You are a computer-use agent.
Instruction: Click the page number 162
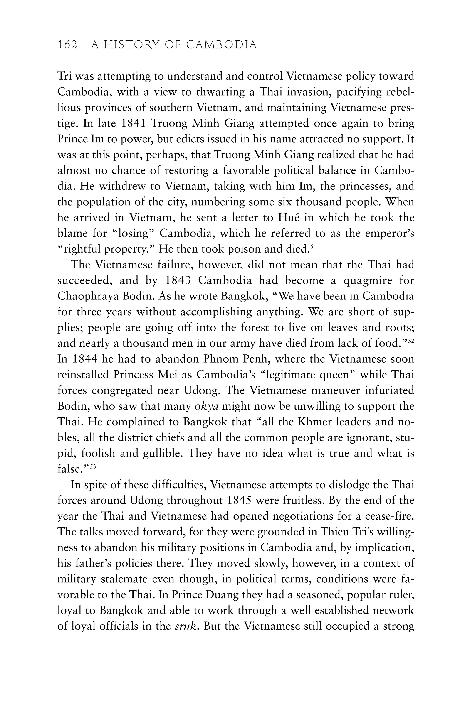[x=67, y=45]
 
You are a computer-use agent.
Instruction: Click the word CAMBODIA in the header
[x=222, y=45]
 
